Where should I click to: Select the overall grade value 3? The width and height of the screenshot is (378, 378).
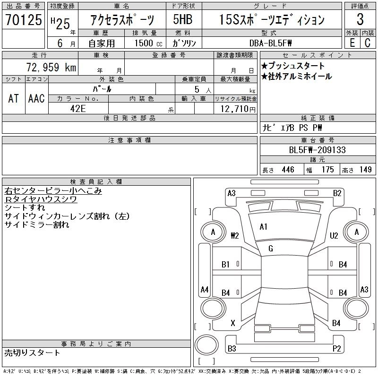pyautogui.click(x=360, y=20)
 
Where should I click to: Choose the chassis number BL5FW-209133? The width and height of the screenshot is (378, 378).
pyautogui.click(x=317, y=150)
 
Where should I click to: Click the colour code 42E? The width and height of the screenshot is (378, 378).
pyautogui.click(x=78, y=109)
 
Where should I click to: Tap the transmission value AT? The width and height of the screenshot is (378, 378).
pyautogui.click(x=13, y=98)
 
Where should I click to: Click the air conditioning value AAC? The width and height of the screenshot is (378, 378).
pyautogui.click(x=36, y=98)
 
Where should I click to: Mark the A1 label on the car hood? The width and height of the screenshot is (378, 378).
pyautogui.click(x=264, y=227)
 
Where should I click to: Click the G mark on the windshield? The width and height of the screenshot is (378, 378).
pyautogui.click(x=270, y=249)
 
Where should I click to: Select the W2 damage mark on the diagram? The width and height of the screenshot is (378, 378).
pyautogui.click(x=235, y=235)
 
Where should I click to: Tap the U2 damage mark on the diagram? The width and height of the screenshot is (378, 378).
pyautogui.click(x=334, y=235)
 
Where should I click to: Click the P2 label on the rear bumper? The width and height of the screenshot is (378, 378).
pyautogui.click(x=337, y=349)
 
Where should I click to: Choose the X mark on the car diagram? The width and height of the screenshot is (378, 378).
pyautogui.click(x=232, y=323)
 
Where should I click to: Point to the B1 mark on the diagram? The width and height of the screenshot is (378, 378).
pyautogui.click(x=226, y=265)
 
